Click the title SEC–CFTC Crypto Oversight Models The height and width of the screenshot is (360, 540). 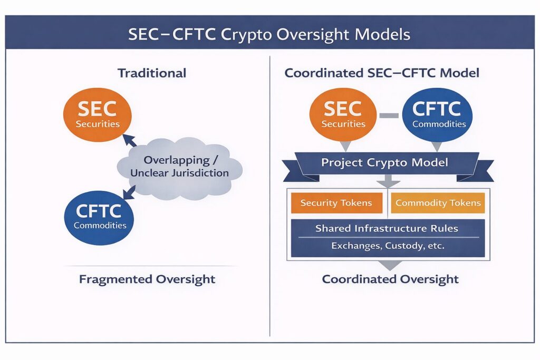tap(269, 35)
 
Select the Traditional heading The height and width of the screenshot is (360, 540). tap(152, 73)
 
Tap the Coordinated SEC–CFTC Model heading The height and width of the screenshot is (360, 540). tap(382, 73)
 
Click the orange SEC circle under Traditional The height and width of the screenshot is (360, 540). tap(98, 114)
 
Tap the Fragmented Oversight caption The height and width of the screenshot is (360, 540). tap(147, 279)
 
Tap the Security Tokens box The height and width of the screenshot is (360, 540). tap(336, 203)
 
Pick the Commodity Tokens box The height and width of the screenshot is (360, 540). tap(438, 203)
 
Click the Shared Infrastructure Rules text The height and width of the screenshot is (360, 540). tap(387, 228)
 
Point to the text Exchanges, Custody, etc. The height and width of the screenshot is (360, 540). tap(387, 246)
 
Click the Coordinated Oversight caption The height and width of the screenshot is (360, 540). tap(390, 279)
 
